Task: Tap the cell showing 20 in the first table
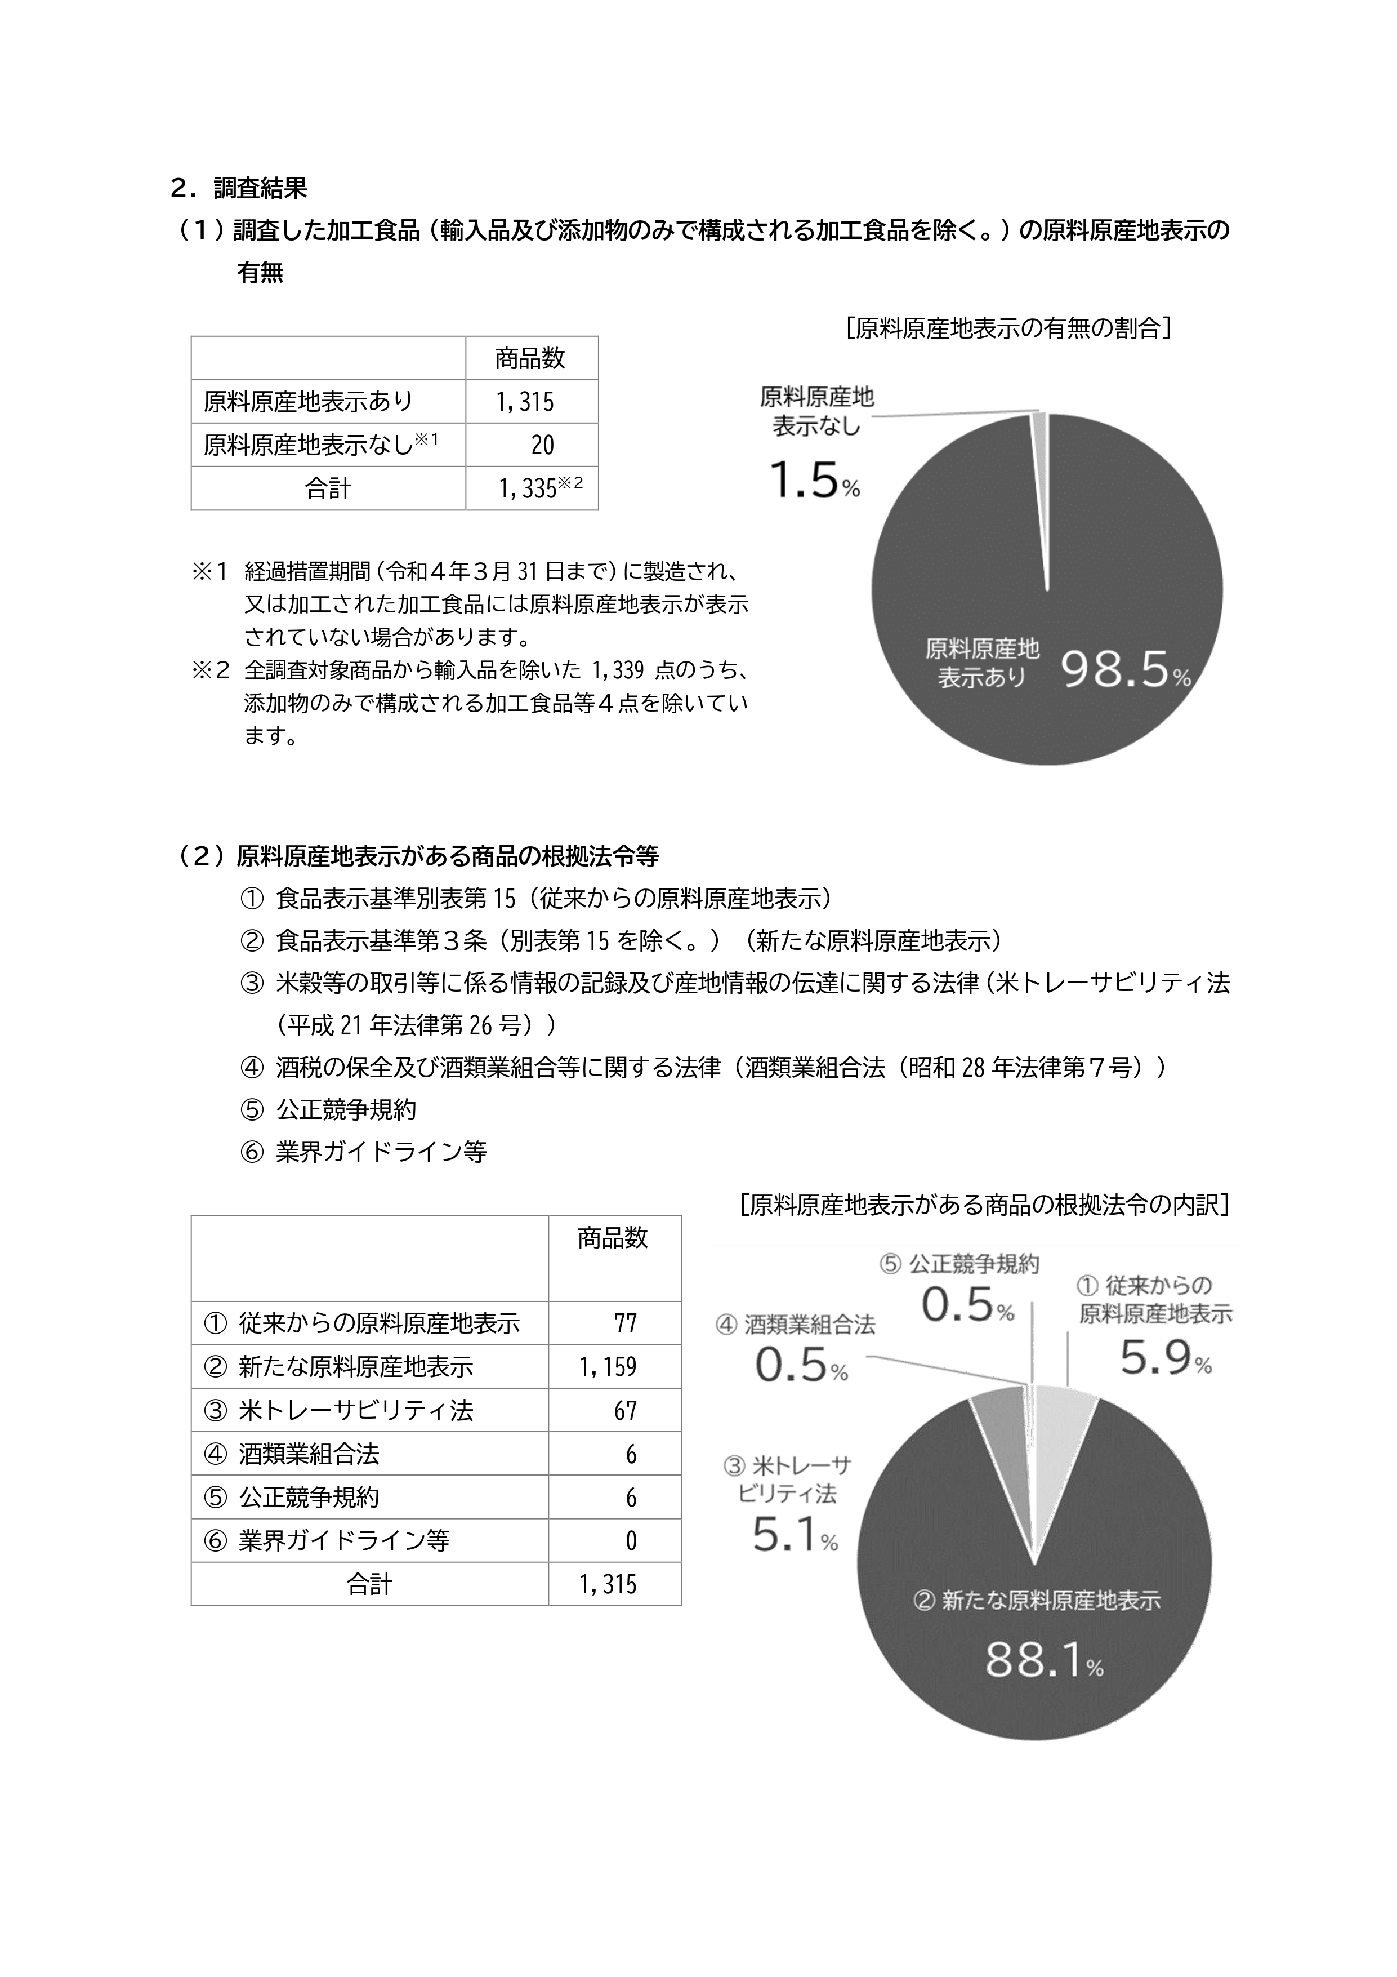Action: [542, 445]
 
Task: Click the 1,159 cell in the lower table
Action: [608, 1366]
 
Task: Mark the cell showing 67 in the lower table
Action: [626, 1410]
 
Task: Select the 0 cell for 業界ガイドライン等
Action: [631, 1540]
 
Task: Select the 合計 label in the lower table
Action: [369, 1584]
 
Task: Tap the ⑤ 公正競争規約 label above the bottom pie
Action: [959, 1264]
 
